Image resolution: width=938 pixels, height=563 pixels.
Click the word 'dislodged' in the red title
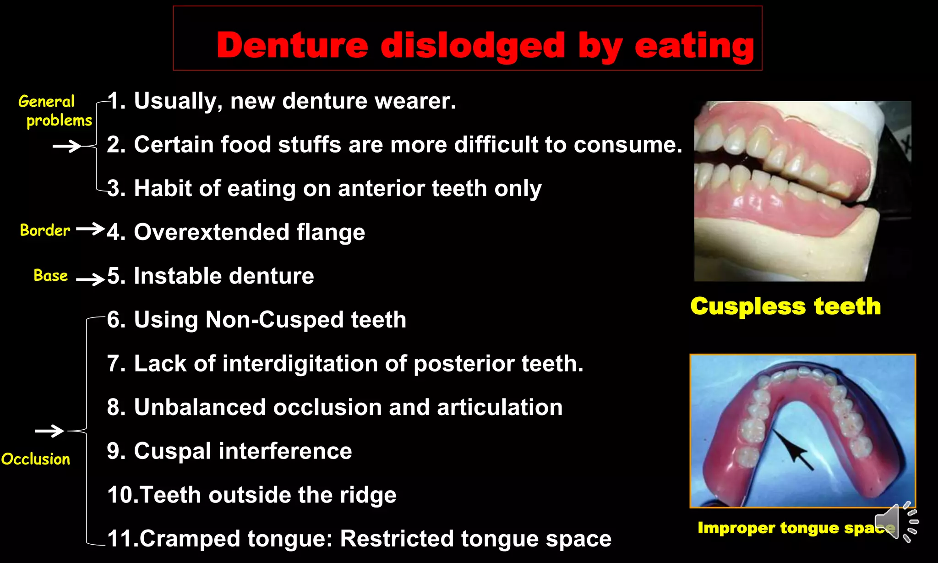coord(473,46)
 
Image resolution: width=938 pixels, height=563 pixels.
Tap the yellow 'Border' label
coord(45,230)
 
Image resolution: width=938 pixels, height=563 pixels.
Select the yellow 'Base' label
coord(50,275)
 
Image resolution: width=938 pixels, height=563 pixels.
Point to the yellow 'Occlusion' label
coord(36,459)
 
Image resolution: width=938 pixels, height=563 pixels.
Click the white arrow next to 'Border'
coord(90,229)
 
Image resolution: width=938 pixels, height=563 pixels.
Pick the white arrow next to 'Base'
coord(90,279)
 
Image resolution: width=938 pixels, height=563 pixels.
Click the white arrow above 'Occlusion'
coord(49,431)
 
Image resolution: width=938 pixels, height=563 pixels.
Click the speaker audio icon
coord(895,522)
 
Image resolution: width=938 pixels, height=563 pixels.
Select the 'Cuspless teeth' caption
coord(785,306)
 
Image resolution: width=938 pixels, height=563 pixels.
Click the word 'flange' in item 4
coord(331,232)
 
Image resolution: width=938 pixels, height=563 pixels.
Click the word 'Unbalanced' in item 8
coord(200,407)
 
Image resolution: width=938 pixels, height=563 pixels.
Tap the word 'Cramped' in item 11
coord(190,539)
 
